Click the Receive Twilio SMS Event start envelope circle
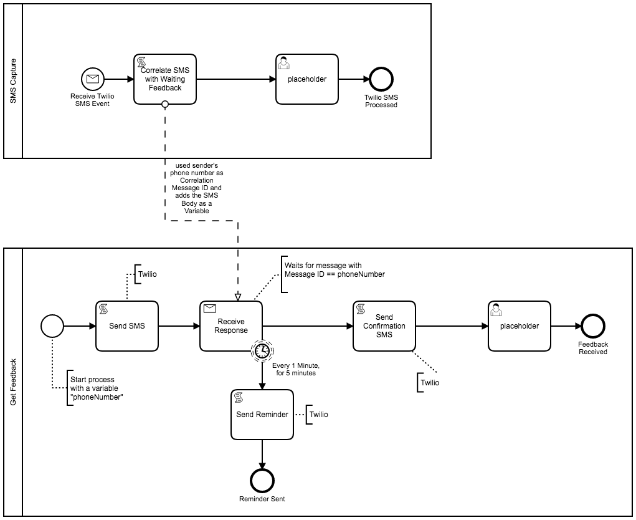tap(93, 79)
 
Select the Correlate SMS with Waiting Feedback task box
tap(165, 79)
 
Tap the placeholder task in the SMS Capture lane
tap(307, 79)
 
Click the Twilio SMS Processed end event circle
tap(381, 79)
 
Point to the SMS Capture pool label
tap(13, 81)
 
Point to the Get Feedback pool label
tap(13, 382)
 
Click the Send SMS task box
tap(127, 326)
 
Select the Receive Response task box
tap(231, 326)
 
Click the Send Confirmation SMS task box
tap(384, 326)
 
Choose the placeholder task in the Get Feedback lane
tap(520, 326)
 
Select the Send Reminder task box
tap(262, 414)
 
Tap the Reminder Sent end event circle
tap(262, 480)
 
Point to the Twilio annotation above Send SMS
tap(147, 274)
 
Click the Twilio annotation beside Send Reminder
tap(318, 414)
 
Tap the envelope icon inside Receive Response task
tap(210, 308)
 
